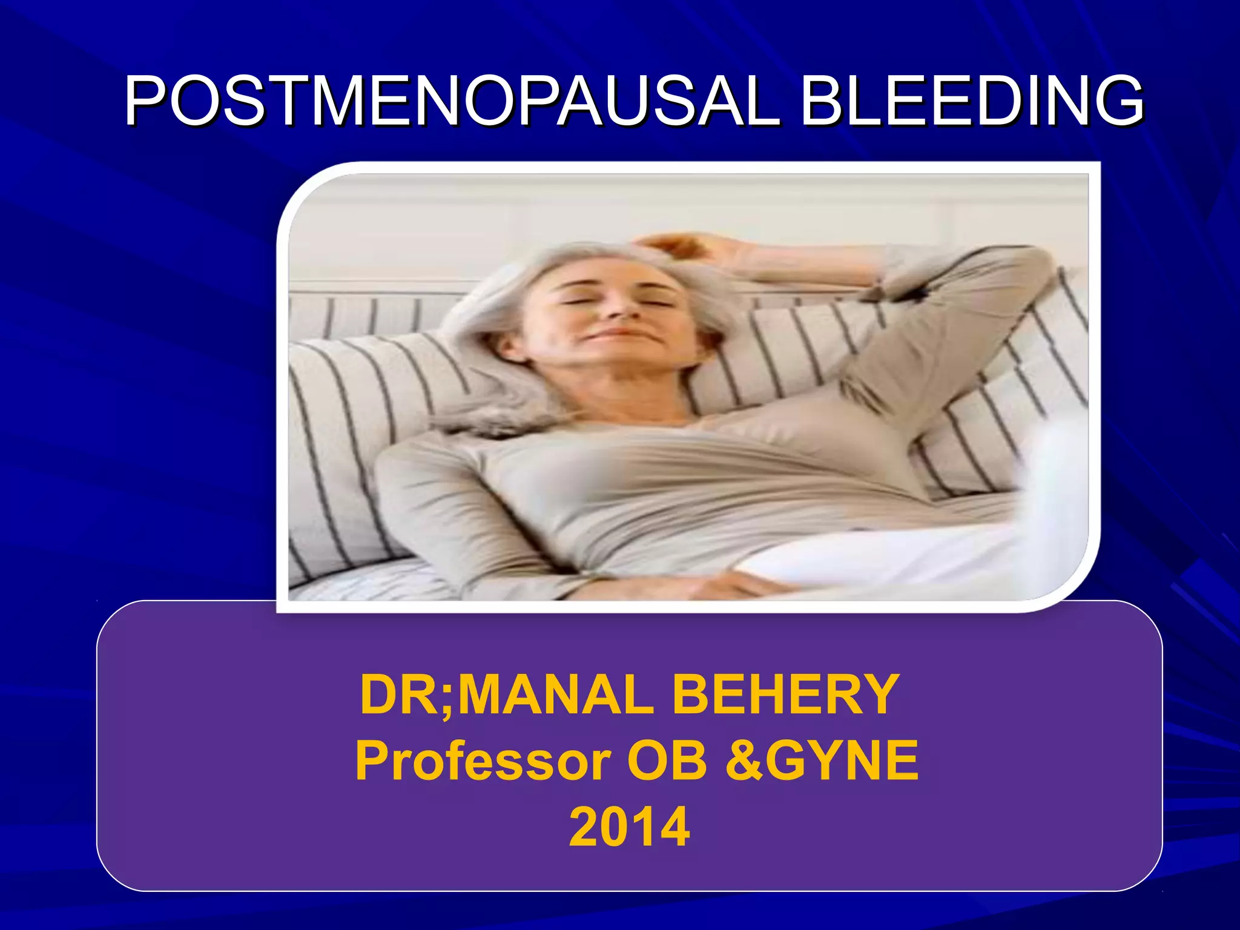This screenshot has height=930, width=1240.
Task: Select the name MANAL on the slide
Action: click(x=555, y=694)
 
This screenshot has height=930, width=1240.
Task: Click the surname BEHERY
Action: click(x=785, y=694)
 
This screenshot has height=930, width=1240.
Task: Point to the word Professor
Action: click(x=483, y=761)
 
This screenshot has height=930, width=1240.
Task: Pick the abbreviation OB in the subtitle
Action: click(x=667, y=761)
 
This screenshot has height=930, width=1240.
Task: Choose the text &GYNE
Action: click(x=822, y=761)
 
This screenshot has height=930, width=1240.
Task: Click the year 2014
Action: click(x=629, y=827)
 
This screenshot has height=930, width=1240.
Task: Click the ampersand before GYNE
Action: click(x=744, y=761)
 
